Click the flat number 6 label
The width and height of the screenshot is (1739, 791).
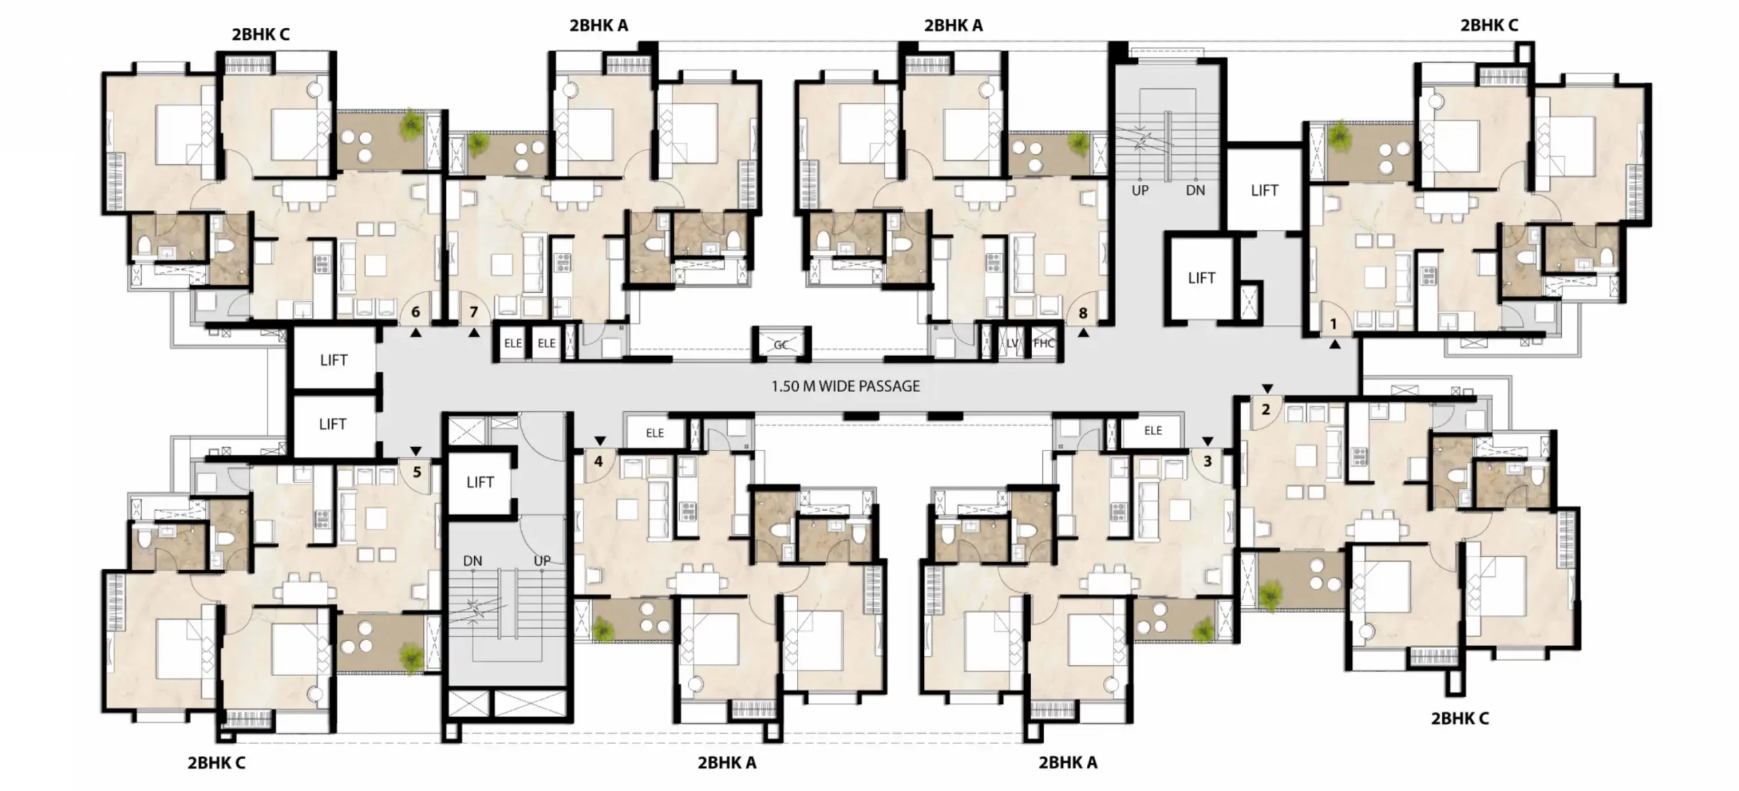(416, 312)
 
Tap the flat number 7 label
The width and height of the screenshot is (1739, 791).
(473, 312)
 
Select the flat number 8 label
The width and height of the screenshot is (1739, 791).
(1083, 313)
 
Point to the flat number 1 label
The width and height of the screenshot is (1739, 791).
(1333, 324)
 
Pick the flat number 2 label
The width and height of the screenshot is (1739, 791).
(1266, 410)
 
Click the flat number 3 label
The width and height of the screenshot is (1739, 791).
(1207, 461)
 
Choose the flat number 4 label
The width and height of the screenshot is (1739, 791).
(598, 461)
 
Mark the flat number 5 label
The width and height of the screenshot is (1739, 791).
(417, 471)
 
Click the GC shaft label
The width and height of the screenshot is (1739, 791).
(781, 345)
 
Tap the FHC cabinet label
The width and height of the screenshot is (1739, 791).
(1043, 343)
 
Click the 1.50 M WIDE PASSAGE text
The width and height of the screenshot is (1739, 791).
(846, 386)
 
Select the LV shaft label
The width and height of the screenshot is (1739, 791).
(1013, 343)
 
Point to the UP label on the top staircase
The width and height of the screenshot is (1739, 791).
(1140, 191)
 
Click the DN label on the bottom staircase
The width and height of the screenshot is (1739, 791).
(472, 561)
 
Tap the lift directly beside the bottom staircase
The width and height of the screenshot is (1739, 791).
(480, 482)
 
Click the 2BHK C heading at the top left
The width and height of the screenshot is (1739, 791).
(261, 35)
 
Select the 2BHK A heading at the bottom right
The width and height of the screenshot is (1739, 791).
(1068, 762)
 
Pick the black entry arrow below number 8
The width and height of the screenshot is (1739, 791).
(1083, 333)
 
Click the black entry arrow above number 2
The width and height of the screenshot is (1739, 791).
(1268, 389)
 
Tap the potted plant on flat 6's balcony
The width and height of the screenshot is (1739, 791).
(412, 124)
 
